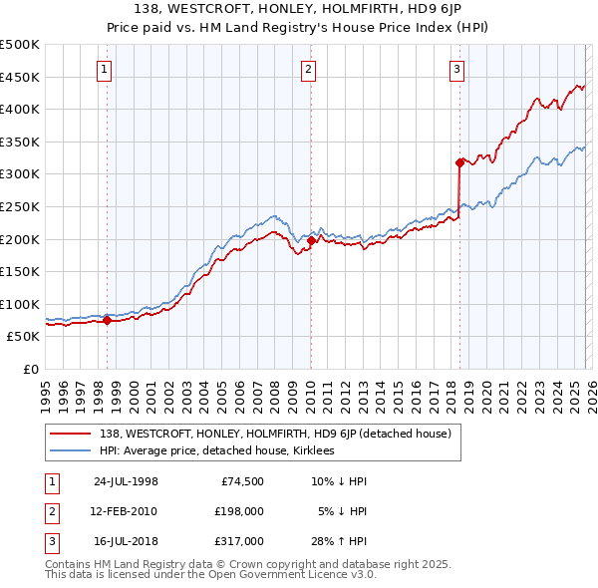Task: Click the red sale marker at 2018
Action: [x=459, y=161]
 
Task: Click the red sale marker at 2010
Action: [x=311, y=240]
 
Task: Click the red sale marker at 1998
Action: [x=108, y=320]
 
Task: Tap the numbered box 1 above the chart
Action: [x=106, y=69]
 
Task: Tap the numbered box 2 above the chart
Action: [x=309, y=69]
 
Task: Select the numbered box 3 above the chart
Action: [x=456, y=69]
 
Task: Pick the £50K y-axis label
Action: [x=23, y=337]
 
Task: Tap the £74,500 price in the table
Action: [x=242, y=481]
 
